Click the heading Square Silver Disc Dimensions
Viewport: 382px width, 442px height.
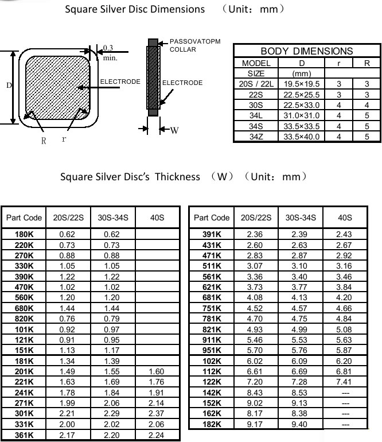pos(134,9)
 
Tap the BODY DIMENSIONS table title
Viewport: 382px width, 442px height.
pos(307,51)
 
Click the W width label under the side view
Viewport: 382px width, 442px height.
pos(174,130)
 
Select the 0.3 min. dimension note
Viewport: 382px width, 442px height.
pos(109,53)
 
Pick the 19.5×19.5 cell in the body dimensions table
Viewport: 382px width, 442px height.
pos(302,84)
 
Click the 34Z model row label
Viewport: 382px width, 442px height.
pos(256,137)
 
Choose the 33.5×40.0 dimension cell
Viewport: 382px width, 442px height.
pos(302,137)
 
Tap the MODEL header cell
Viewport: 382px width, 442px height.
pos(256,63)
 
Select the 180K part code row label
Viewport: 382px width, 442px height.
pos(24,234)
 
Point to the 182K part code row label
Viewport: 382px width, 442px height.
pos(212,424)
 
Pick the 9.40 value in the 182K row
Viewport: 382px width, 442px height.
pos(300,424)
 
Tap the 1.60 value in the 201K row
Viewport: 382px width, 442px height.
pos(157,371)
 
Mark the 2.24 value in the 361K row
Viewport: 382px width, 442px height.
pos(157,435)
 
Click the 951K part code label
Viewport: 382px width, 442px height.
pos(212,350)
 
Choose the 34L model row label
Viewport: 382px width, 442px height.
pos(256,115)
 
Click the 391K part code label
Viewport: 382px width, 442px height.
pos(212,234)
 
